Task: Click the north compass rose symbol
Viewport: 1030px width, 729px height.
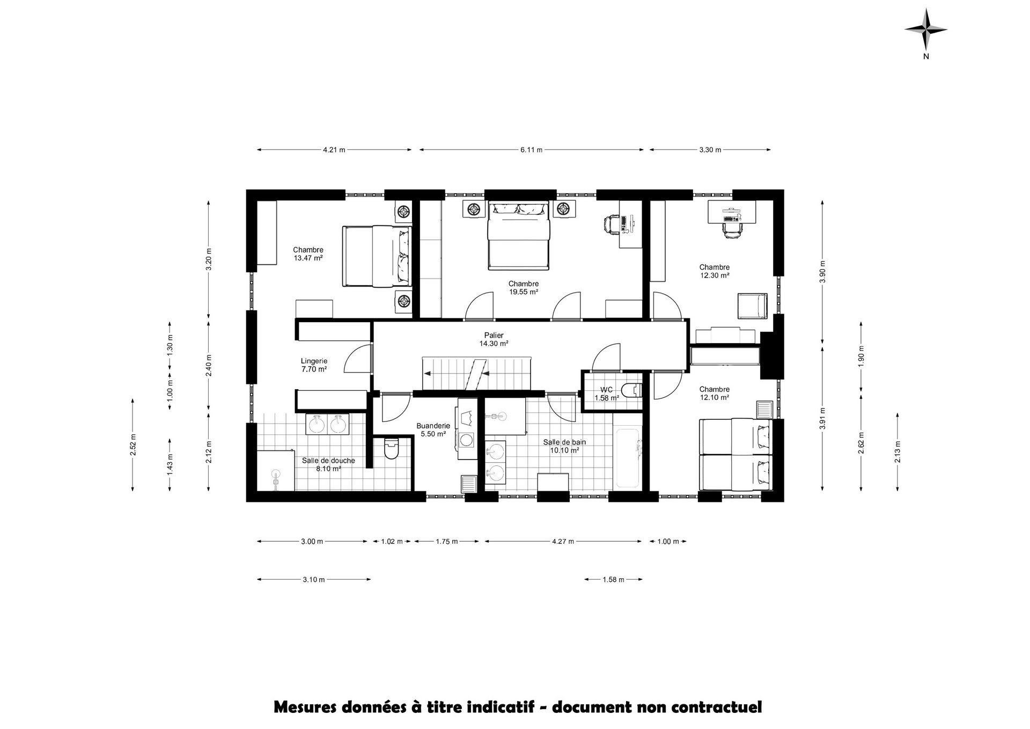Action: coord(926,30)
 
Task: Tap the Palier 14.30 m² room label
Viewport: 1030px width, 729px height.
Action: coord(494,339)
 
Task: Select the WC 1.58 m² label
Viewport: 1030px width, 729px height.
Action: coord(607,394)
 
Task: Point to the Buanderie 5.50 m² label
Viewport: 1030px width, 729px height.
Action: coord(433,430)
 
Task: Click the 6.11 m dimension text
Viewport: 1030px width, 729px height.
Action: coord(531,150)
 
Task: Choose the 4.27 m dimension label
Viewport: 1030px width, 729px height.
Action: coord(563,541)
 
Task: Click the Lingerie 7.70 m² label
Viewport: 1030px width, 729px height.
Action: coord(314,365)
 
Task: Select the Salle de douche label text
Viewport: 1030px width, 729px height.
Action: coord(328,461)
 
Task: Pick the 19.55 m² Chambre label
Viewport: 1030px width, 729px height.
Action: coord(524,288)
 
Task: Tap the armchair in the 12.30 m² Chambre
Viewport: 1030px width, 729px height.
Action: coord(753,306)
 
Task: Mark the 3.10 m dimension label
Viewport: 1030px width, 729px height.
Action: coord(314,579)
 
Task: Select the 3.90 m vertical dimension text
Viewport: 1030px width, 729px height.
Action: coord(822,272)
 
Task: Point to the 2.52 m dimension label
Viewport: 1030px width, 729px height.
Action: coord(133,444)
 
